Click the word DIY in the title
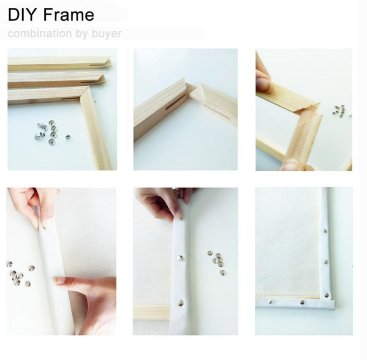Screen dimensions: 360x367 tap(23, 15)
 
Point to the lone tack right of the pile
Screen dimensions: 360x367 tap(67, 137)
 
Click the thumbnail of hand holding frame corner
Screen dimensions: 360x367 tap(303, 110)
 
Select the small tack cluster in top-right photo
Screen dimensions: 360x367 tap(338, 111)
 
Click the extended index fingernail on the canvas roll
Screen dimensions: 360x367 tap(59, 280)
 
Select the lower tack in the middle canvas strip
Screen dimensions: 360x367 tap(180, 302)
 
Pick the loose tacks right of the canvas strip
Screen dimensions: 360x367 tap(216, 259)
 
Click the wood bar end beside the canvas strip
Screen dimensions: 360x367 tap(151, 312)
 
